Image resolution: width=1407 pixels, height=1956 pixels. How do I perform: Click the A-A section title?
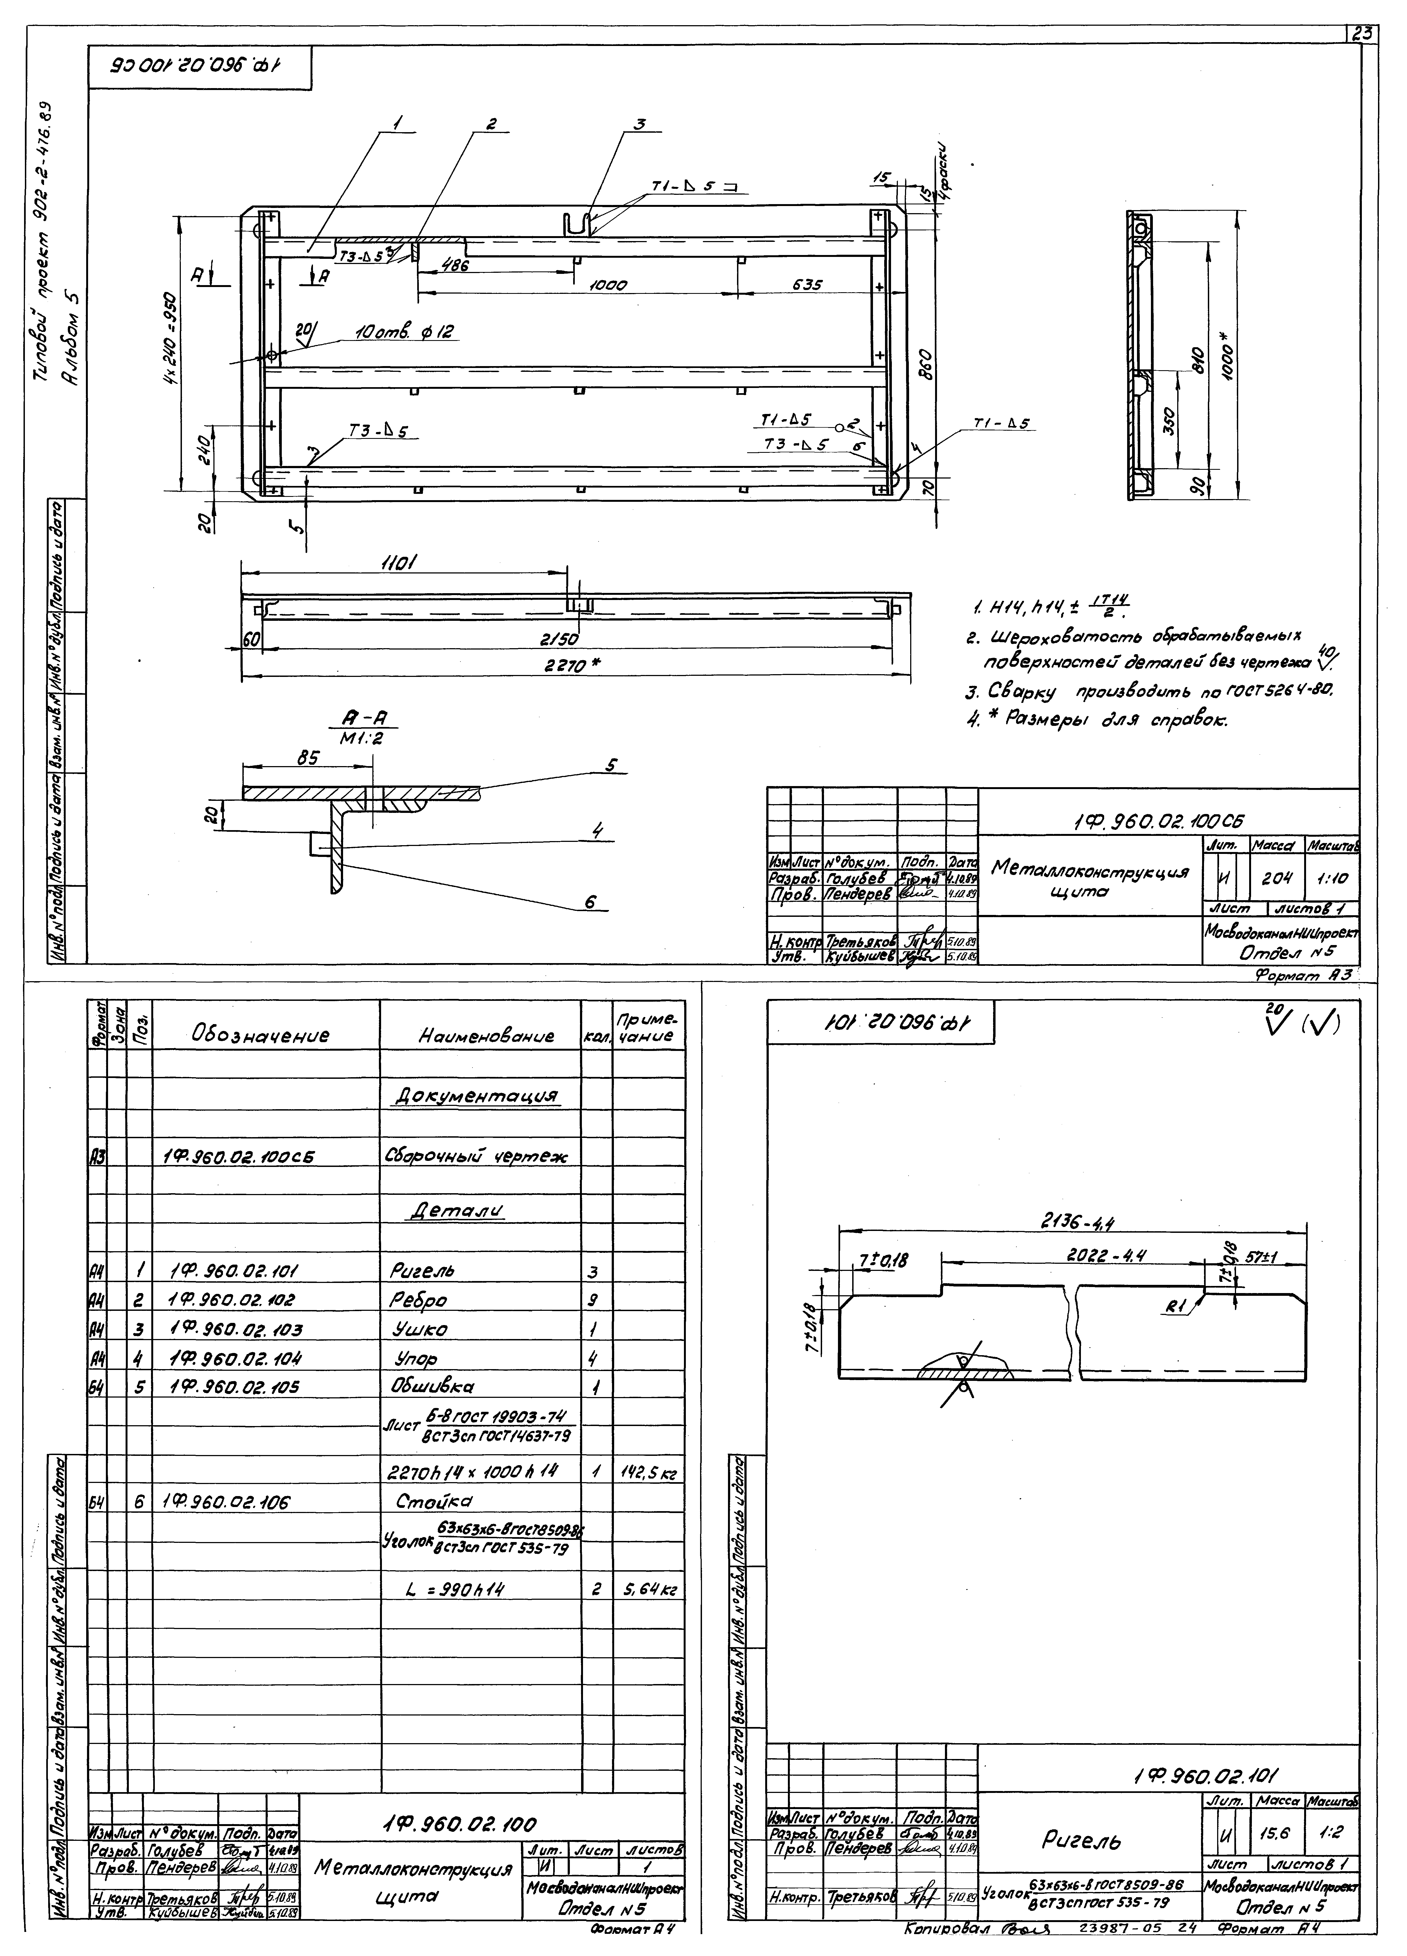pyautogui.click(x=374, y=717)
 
